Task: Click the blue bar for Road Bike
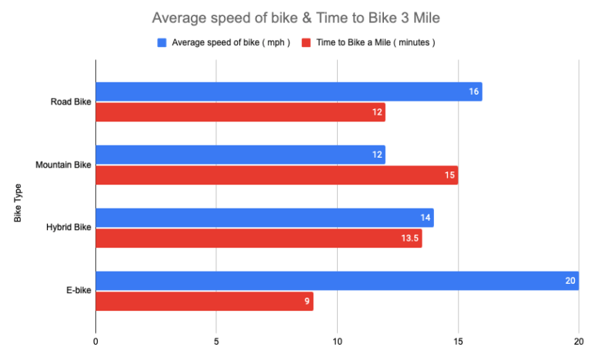tap(289, 92)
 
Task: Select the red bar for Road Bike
tap(240, 112)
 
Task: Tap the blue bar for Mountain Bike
tap(240, 155)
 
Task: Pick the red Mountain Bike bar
tap(276, 175)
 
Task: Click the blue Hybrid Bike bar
tap(264, 218)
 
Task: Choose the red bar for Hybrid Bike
tap(259, 238)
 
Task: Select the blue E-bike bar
tap(336, 281)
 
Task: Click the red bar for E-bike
tap(204, 302)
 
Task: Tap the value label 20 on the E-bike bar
tap(569, 281)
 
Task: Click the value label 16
tap(474, 92)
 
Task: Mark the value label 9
tap(306, 302)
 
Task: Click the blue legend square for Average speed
tap(162, 42)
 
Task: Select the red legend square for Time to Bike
tap(306, 42)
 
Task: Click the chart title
tap(295, 17)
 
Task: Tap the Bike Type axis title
tap(18, 203)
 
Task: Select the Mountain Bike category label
tap(63, 165)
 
